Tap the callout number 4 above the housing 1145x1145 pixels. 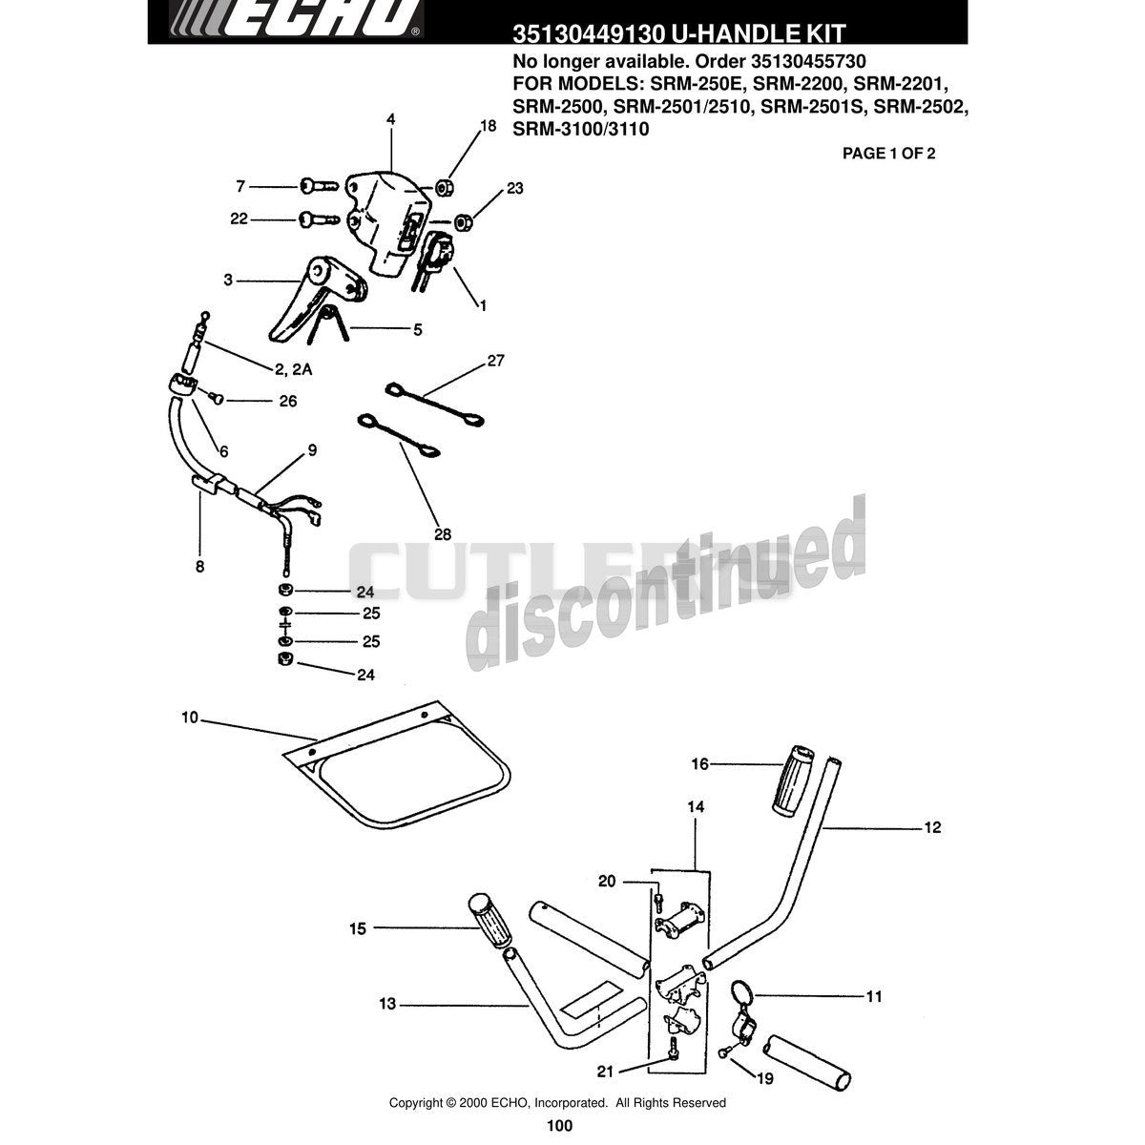tap(390, 119)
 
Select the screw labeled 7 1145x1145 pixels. tap(319, 186)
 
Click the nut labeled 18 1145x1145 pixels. tap(444, 188)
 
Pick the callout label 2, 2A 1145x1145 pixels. tap(294, 369)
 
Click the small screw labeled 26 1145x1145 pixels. tap(217, 398)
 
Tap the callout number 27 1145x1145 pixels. tap(495, 360)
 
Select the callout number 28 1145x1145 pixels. tap(443, 534)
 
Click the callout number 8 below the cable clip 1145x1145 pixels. tap(199, 566)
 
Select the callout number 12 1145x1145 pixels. tap(932, 827)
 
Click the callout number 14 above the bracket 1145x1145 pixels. tap(696, 806)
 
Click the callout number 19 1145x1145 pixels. tap(765, 1078)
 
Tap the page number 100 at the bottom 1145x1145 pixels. tap(559, 1125)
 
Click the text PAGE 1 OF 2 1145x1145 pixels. tap(888, 154)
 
